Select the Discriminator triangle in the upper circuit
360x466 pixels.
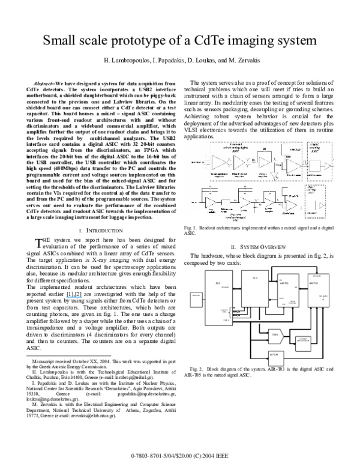tap(293, 166)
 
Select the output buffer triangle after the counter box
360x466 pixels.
tap(328, 165)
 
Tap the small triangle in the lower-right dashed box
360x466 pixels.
tap(321, 205)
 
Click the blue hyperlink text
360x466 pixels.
tap(74, 297)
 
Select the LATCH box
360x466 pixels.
tap(275, 358)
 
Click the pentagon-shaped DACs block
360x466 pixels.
tap(277, 336)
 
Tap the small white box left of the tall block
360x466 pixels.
tap(195, 298)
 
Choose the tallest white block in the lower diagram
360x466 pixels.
tap(218, 297)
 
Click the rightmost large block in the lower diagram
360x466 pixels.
tap(318, 290)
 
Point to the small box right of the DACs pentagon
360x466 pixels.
tap(303, 343)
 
